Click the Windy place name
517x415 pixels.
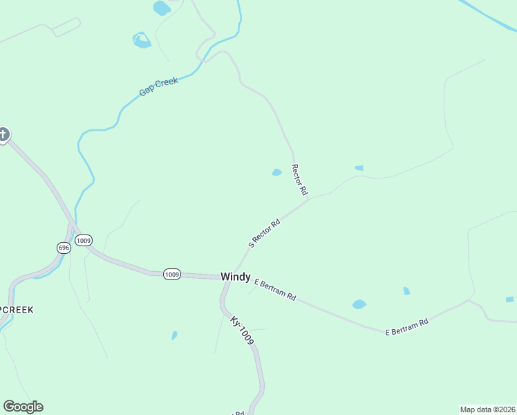pos(235,277)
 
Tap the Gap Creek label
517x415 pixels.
pos(158,86)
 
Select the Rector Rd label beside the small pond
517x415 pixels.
pos(299,178)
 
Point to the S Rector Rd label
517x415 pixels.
pos(264,233)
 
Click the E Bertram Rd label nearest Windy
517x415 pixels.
pos(275,289)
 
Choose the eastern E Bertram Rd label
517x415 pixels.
pos(406,326)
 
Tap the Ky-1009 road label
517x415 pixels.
pos(243,331)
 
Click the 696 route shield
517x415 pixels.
pos(64,248)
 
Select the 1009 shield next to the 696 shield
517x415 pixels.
pos(84,241)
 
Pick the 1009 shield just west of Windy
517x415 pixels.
pos(172,275)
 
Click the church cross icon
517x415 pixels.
pos(3,134)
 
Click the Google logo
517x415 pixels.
pos(23,407)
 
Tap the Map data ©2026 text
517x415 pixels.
pos(488,409)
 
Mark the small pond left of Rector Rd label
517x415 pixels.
pos(276,172)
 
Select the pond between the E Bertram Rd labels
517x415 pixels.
pos(359,304)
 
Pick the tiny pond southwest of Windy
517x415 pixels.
pos(174,335)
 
